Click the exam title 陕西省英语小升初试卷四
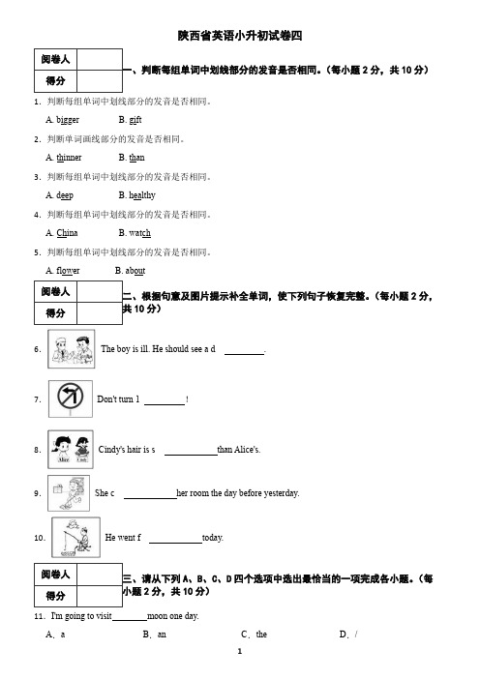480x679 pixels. (240, 36)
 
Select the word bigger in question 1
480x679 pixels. (68, 120)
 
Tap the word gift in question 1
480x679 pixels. (135, 120)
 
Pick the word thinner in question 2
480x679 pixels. (69, 158)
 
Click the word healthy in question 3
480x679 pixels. (142, 195)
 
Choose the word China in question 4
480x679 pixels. (67, 233)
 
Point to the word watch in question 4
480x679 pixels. (140, 233)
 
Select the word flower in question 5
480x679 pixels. (68, 271)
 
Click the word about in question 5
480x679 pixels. (135, 271)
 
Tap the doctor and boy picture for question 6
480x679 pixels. (72, 349)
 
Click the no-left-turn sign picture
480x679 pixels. (71, 399)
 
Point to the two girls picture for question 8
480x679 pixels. (71, 449)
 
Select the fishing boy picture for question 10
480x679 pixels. (75, 537)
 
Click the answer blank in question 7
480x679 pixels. (165, 404)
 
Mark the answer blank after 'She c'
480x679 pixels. (150, 498)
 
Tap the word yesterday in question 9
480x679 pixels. (282, 493)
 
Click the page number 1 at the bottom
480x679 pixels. (240, 651)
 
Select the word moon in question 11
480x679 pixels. (157, 616)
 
